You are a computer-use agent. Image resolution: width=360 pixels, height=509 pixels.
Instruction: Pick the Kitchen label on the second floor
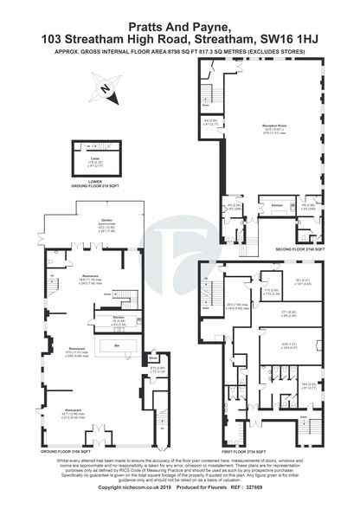(x=276, y=204)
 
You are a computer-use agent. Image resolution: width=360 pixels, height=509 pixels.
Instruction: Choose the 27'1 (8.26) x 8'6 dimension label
(x=287, y=315)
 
